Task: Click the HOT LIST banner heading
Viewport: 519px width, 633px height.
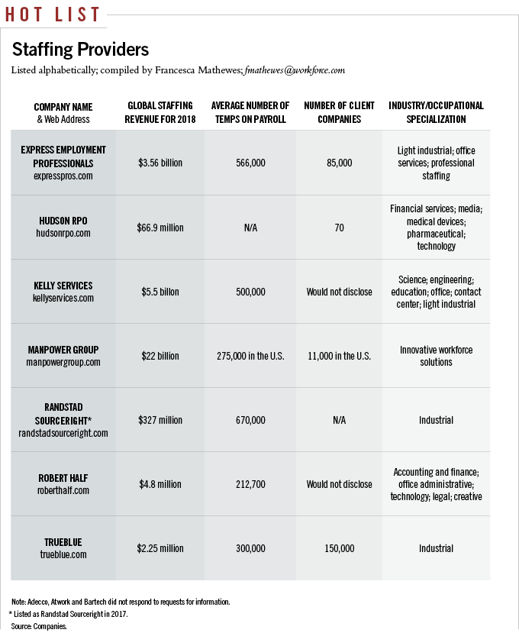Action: (53, 14)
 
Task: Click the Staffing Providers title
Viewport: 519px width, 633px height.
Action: (80, 50)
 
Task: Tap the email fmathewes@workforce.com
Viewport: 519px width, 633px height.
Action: (295, 70)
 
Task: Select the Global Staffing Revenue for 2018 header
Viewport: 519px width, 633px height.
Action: (161, 112)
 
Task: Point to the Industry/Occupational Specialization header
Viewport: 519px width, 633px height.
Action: (436, 112)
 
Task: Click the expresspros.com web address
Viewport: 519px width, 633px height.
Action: (63, 176)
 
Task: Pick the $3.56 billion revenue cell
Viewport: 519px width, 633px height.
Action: (161, 163)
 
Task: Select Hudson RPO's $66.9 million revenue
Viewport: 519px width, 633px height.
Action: (161, 228)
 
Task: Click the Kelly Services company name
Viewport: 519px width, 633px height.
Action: (63, 286)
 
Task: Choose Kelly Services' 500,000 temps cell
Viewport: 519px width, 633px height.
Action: (250, 292)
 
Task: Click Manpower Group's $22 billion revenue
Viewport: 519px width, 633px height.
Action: (161, 356)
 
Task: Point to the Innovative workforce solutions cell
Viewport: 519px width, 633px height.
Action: (436, 356)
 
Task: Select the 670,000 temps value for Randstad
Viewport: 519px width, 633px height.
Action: (250, 420)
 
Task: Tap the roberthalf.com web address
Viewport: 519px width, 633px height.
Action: (63, 490)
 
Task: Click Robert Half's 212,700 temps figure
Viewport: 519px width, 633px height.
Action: (250, 484)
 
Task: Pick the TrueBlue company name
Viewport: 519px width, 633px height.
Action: (63, 542)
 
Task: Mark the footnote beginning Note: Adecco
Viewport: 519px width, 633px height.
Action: (121, 602)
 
